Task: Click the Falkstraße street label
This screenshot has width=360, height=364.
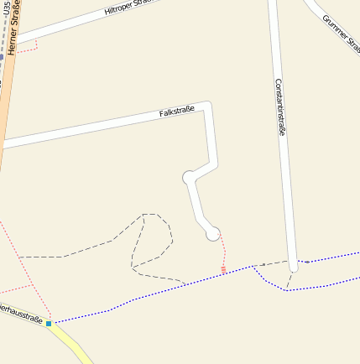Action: click(x=177, y=111)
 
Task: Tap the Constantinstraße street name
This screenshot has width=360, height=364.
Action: click(x=280, y=107)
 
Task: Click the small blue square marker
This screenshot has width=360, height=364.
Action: click(x=49, y=323)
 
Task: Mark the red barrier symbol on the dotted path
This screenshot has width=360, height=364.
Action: click(x=223, y=269)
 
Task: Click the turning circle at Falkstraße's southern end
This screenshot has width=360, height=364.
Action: click(x=213, y=232)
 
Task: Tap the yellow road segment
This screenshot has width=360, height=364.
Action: click(x=71, y=345)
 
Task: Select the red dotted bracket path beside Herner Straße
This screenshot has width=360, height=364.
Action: click(x=30, y=47)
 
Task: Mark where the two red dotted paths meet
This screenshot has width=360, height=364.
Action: click(x=34, y=284)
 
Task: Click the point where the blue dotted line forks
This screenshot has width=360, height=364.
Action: click(x=253, y=268)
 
